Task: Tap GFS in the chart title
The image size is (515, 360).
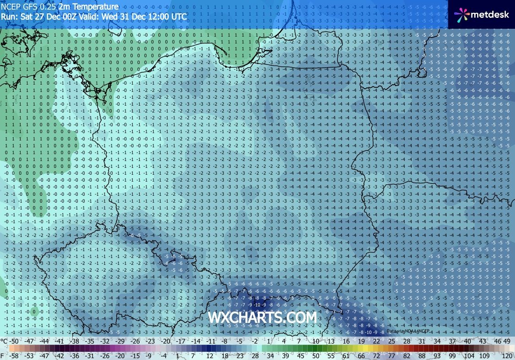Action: click(x=27, y=7)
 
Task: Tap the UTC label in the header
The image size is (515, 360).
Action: click(x=179, y=16)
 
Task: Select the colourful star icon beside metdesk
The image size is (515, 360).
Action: click(x=462, y=15)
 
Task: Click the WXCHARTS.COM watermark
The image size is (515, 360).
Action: click(x=262, y=317)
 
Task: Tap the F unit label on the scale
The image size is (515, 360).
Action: click(x=3, y=355)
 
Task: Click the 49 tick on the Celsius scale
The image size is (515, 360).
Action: click(x=507, y=341)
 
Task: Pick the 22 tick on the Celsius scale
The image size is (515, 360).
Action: click(x=376, y=341)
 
